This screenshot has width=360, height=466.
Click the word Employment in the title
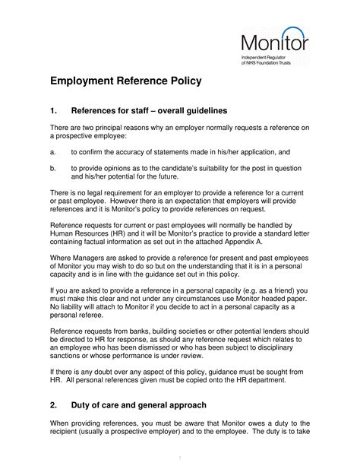coord(88,81)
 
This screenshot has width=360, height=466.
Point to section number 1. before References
coord(54,110)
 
